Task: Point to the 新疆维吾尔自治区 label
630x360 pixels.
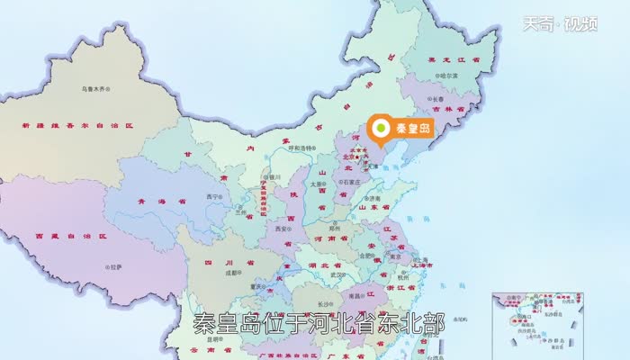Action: pos(77,124)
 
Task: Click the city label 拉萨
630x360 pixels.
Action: pos(116,266)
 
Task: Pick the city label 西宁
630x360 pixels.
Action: pos(212,196)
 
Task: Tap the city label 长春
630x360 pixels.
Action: pos(437,99)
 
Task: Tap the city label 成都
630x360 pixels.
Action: pos(232,272)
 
